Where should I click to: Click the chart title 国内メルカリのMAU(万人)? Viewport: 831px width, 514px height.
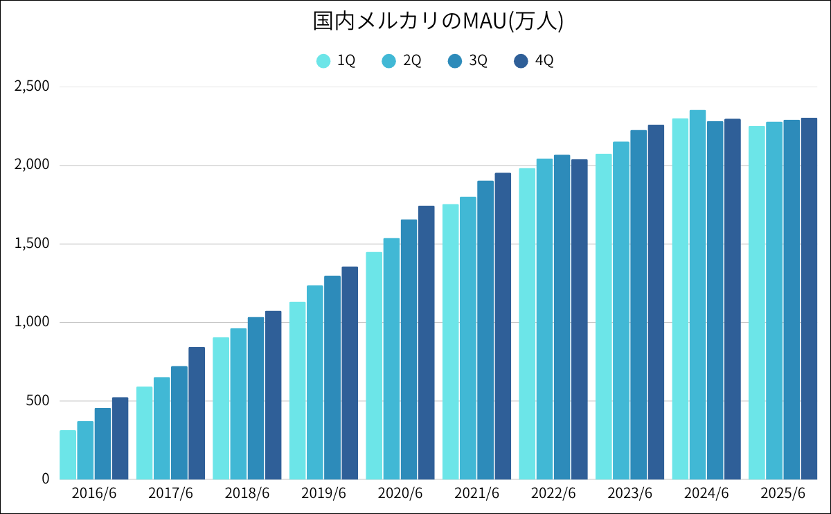(438, 21)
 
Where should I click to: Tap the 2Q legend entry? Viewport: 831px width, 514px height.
(401, 61)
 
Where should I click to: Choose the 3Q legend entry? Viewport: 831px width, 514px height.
(467, 61)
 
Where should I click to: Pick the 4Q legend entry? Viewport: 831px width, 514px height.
(533, 61)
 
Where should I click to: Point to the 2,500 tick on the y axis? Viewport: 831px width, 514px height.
(32, 87)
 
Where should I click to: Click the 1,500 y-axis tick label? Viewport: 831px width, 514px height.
(32, 244)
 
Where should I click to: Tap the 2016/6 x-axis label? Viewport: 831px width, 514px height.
(94, 494)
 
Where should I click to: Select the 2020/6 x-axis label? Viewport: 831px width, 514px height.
(400, 494)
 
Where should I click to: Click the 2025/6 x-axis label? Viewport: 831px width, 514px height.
(783, 494)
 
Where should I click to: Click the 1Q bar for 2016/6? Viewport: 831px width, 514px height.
(68, 455)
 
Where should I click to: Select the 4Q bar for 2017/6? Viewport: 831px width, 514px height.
(197, 414)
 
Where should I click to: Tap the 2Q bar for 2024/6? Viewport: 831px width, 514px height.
(697, 294)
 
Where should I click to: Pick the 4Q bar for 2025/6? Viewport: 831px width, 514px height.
(809, 299)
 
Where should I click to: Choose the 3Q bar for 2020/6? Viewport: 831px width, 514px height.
(409, 350)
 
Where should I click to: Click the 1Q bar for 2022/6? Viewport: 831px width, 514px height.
(527, 324)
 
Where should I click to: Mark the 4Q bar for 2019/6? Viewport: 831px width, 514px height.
(350, 373)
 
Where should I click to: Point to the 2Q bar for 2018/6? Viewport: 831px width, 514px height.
(238, 404)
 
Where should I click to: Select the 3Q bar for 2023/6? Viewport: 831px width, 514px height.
(638, 305)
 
